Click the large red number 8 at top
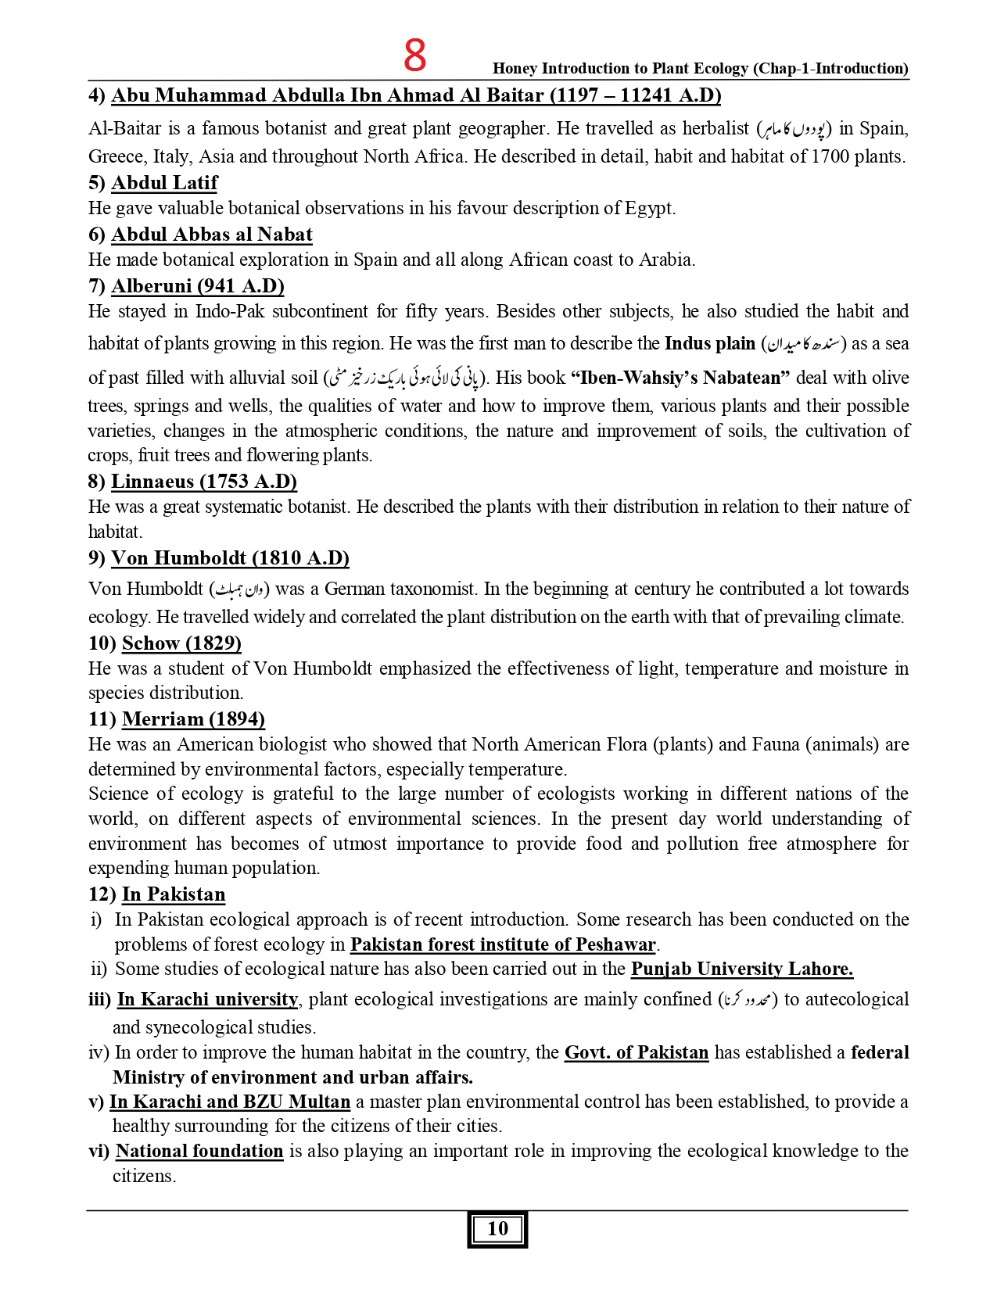[415, 56]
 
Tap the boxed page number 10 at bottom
[497, 1229]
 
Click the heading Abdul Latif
[164, 183]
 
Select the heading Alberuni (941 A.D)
[197, 286]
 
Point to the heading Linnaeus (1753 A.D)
[203, 482]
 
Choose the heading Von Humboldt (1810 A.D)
[229, 558]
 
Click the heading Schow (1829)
[181, 643]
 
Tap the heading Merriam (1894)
[193, 719]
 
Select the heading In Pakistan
[173, 894]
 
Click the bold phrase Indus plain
[709, 343]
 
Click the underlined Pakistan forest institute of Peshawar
[503, 944]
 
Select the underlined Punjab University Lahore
[741, 969]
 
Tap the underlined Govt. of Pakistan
[636, 1053]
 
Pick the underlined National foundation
[199, 1152]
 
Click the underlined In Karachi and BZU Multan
[229, 1102]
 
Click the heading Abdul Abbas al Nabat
[211, 235]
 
